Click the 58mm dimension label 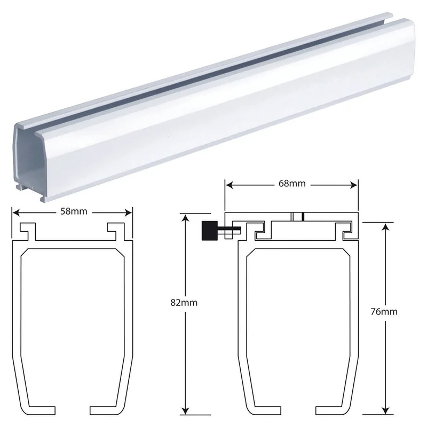(x=74, y=211)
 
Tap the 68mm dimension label (x=292, y=184)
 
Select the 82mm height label (x=184, y=303)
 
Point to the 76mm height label (x=384, y=312)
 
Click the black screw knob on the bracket (x=209, y=231)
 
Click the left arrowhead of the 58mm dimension (x=17, y=212)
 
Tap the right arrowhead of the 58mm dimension (x=128, y=212)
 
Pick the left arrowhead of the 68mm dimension (x=230, y=185)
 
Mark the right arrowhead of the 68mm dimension (x=353, y=185)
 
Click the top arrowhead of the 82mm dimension (x=185, y=218)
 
